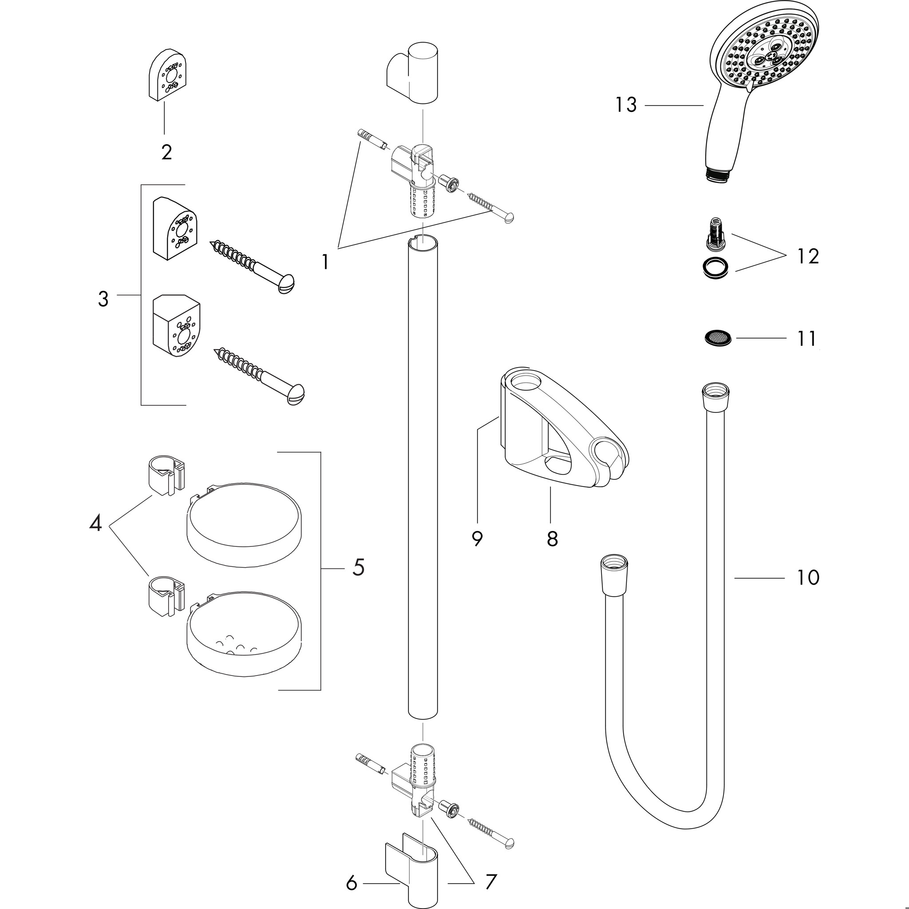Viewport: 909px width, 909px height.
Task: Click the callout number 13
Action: tap(626, 105)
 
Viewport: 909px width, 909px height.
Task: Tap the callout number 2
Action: tap(166, 152)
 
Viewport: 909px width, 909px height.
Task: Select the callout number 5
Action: tap(358, 567)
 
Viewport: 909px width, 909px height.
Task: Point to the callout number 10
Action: tap(808, 577)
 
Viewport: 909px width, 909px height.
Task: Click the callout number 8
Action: tap(552, 538)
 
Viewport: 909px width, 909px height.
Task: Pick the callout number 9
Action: tap(477, 539)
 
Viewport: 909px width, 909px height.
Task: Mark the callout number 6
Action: tap(352, 884)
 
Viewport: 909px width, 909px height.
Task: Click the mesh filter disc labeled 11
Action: tap(718, 337)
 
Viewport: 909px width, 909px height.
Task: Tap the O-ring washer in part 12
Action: tap(715, 269)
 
